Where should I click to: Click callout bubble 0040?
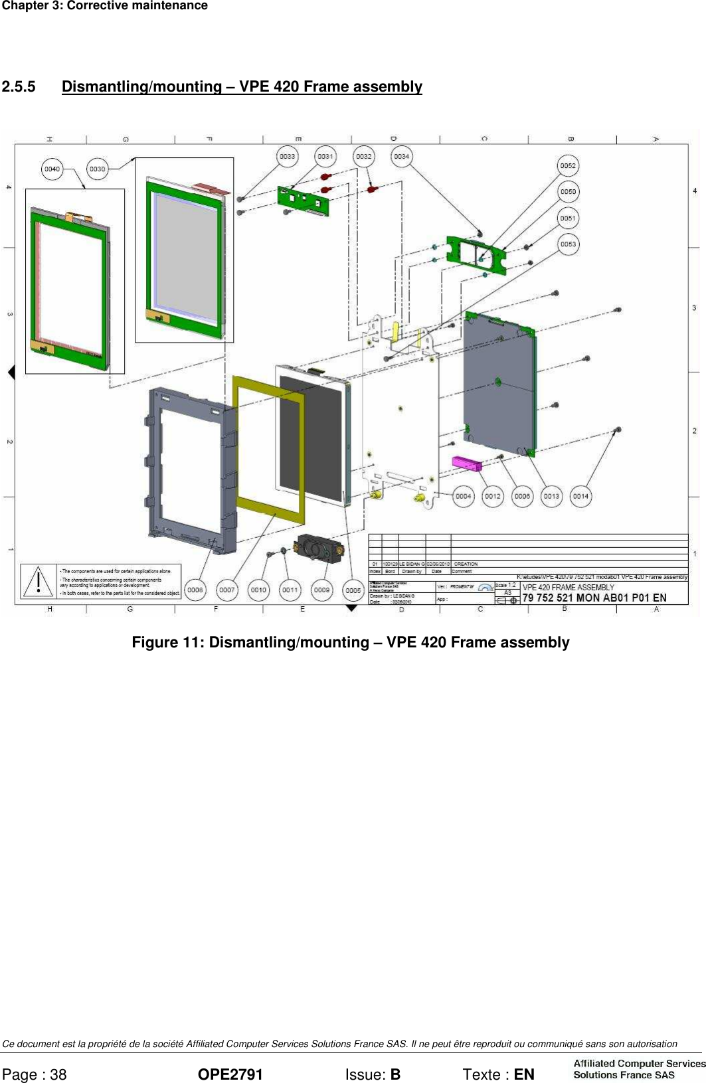52,169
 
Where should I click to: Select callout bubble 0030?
97,169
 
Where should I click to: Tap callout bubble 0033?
287,157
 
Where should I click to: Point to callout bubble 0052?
567,166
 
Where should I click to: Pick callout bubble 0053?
567,244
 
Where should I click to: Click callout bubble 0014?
580,496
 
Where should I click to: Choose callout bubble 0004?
463,496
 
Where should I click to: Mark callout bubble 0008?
195,590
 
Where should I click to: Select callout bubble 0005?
353,590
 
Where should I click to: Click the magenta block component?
466,463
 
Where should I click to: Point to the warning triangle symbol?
39,581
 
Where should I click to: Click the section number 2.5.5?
19,87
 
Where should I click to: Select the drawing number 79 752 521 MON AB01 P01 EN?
594,598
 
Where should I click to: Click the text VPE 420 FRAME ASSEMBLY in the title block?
568,587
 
